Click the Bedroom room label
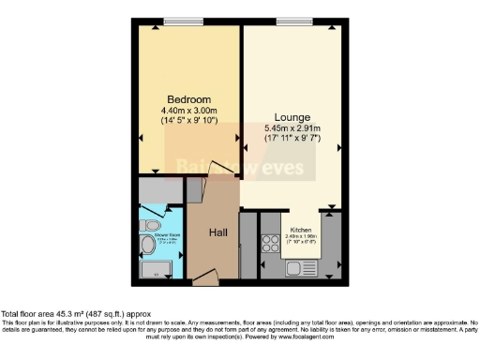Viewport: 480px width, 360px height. [x=188, y=99]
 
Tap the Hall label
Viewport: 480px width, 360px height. [x=218, y=232]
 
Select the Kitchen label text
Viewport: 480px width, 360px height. [x=302, y=230]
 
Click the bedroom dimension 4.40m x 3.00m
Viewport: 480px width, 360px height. [x=188, y=110]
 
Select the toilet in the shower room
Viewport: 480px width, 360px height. [x=147, y=247]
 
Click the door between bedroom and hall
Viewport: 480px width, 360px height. [x=219, y=171]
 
